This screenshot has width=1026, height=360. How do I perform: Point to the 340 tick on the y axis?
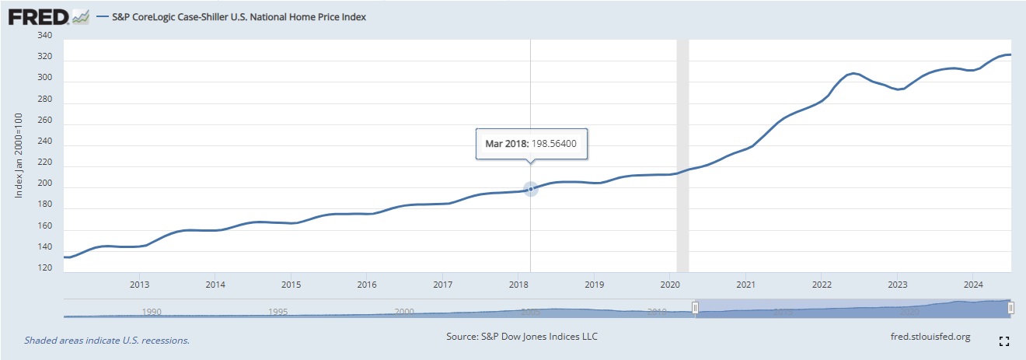pos(44,36)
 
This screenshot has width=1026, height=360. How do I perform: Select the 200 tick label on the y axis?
pos(44,183)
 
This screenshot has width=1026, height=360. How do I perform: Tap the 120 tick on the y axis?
pos(44,268)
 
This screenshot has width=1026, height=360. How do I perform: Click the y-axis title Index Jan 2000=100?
pos(19,155)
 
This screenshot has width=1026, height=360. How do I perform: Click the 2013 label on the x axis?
pos(140,284)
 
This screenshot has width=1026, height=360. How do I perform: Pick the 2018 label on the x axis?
pos(519,284)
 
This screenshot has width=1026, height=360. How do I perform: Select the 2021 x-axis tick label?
pos(746,284)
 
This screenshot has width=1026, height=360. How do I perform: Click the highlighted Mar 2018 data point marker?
pos(531,188)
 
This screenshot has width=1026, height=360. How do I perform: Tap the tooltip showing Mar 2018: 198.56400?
pos(532,144)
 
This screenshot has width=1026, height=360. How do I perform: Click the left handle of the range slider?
pos(696,309)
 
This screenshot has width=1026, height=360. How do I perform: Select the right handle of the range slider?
pos(1010,309)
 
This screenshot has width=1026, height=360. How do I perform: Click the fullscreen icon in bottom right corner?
pos(1003,341)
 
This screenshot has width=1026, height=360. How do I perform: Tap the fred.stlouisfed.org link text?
pos(930,337)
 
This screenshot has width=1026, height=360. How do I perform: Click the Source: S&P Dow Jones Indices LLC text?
pos(522,337)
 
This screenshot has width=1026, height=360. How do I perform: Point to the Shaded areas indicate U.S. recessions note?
pos(106,340)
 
